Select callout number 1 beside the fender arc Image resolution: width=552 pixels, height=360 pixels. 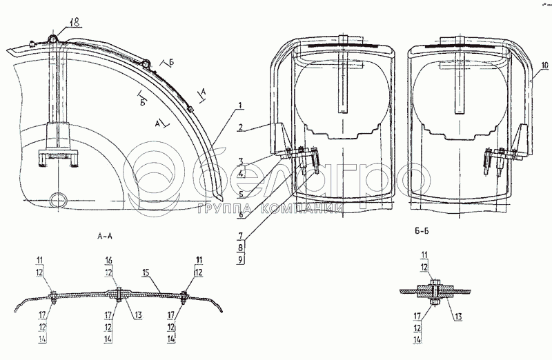(239, 106)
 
